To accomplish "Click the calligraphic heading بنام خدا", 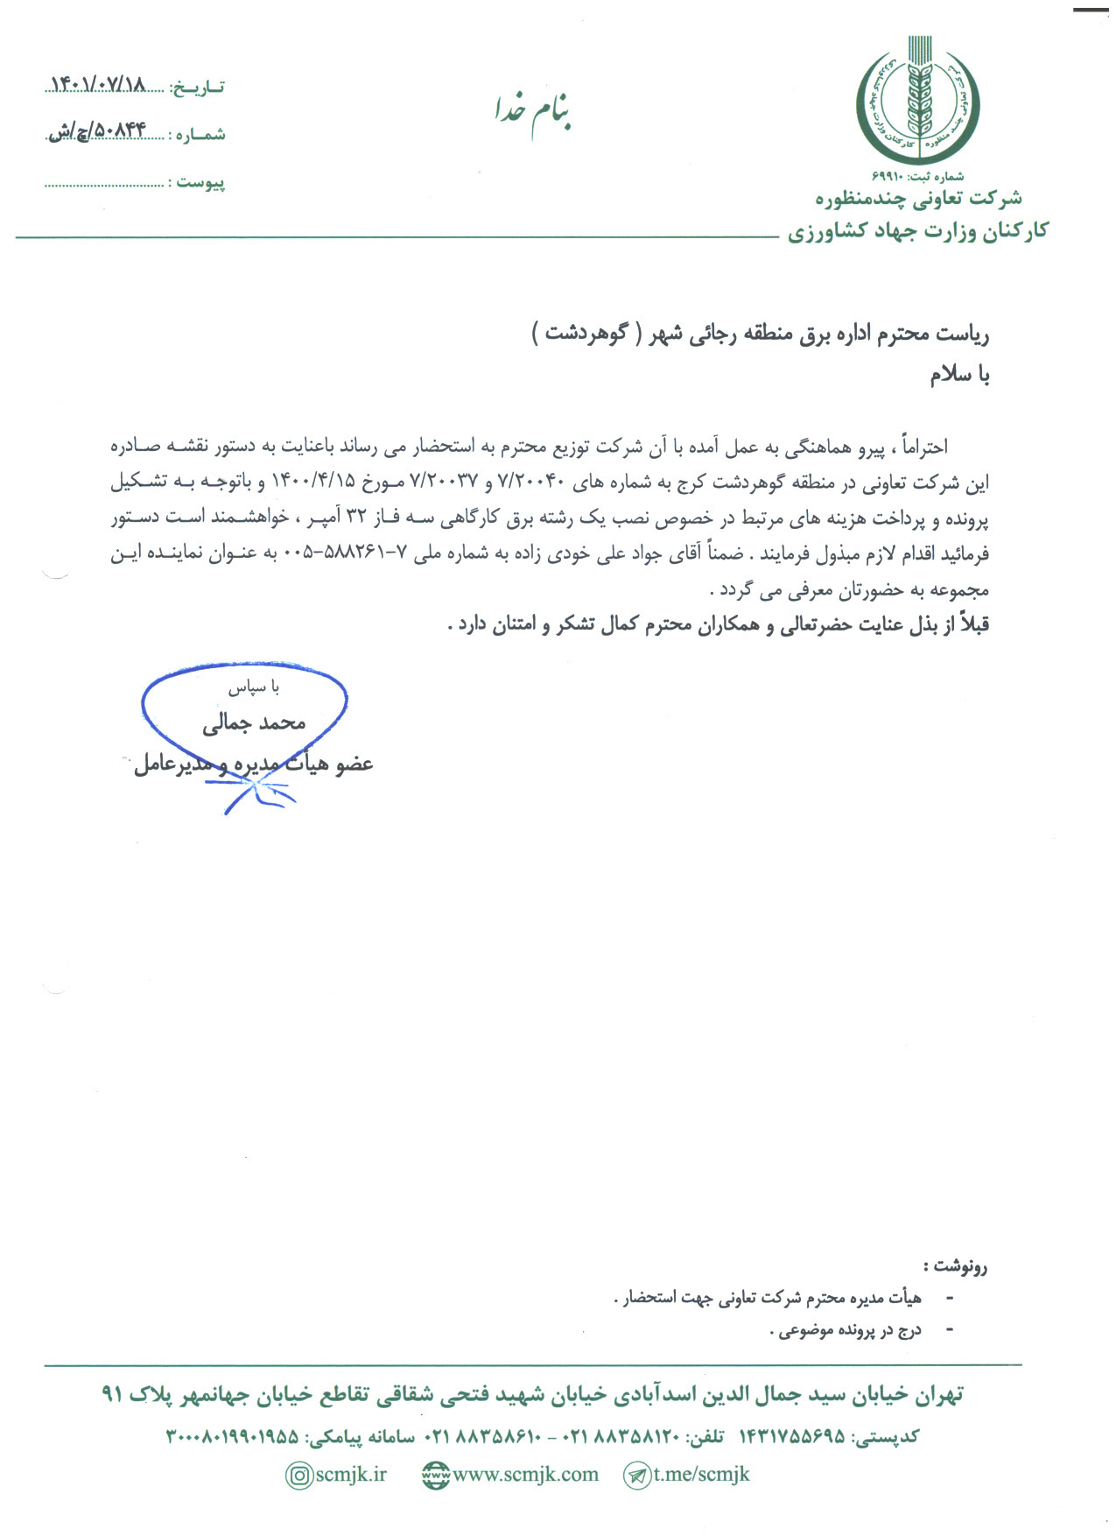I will click(x=532, y=112).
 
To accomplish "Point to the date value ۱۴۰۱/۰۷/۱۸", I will click(x=98, y=85).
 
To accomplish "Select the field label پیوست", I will click(x=200, y=182).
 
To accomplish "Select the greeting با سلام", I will click(x=959, y=375).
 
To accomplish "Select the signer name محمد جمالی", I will click(x=254, y=722).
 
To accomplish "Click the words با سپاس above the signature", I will click(x=253, y=688).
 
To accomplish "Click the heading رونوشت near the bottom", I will click(x=955, y=1265).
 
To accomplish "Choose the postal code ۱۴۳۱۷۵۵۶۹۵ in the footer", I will click(x=792, y=1436).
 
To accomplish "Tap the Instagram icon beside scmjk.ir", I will click(x=299, y=1476).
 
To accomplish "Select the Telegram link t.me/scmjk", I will click(x=701, y=1475).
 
